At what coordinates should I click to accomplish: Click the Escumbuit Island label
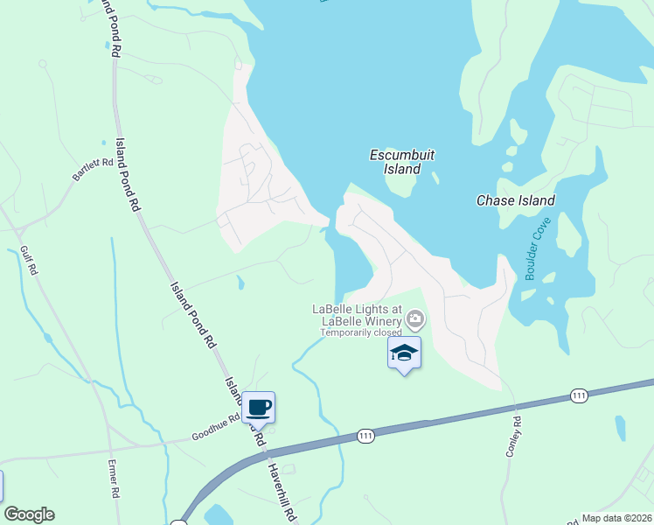(x=402, y=162)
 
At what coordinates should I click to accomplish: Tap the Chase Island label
(x=515, y=200)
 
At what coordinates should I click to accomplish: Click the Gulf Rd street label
(x=29, y=261)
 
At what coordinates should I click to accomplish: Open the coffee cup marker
(x=259, y=407)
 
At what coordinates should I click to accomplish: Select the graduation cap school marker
(x=404, y=353)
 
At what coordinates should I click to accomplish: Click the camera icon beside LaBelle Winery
(x=416, y=317)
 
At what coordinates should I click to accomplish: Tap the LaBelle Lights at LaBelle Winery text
(x=357, y=315)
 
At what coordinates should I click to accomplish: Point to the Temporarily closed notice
(x=360, y=332)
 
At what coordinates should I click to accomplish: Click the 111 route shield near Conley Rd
(x=579, y=396)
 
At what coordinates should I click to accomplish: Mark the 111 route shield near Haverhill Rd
(x=365, y=435)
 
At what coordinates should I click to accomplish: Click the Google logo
(x=29, y=514)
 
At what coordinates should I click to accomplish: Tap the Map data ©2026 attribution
(x=616, y=518)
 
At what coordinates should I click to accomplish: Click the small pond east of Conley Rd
(x=620, y=429)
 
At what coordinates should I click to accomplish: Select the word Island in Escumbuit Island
(x=402, y=169)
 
